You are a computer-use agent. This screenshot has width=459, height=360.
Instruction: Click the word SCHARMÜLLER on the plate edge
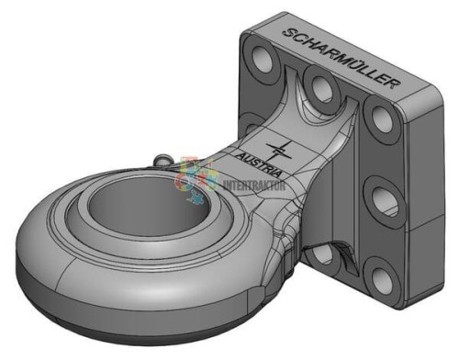[x=341, y=58]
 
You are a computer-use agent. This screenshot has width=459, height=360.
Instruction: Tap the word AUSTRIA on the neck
[x=259, y=165]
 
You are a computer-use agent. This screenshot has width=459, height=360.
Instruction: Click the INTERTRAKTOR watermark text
[x=254, y=186]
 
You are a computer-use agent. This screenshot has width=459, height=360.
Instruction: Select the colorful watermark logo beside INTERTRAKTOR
[x=197, y=180]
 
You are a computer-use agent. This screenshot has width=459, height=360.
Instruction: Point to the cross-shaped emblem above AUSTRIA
[x=279, y=150]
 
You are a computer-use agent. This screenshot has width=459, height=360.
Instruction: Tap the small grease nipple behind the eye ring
[x=163, y=160]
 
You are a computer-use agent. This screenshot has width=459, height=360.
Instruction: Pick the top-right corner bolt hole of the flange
[x=382, y=119]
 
